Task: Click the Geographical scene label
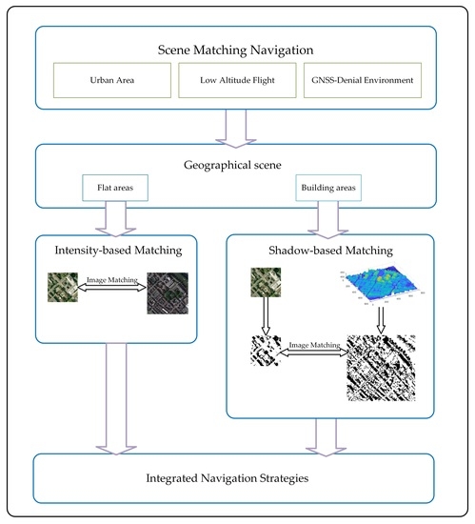click(236, 163)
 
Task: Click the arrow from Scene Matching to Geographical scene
click(236, 127)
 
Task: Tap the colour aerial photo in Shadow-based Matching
click(264, 285)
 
